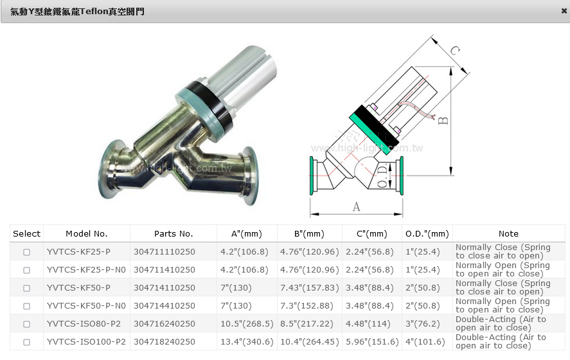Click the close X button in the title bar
(564, 11)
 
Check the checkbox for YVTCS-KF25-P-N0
(26, 270)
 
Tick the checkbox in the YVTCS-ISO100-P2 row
(26, 342)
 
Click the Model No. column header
(87, 234)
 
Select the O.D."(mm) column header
(427, 234)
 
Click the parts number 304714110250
(165, 287)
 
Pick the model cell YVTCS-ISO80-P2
(84, 323)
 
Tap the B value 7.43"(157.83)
(309, 287)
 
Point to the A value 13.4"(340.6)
(247, 342)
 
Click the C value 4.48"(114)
(368, 323)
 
